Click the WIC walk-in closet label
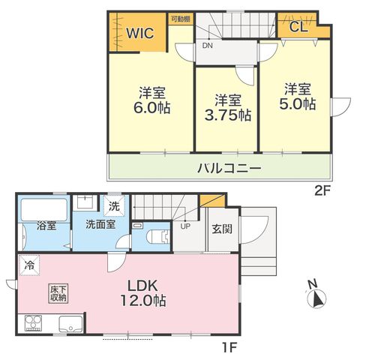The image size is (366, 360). pyautogui.click(x=140, y=33)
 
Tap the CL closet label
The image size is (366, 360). pyautogui.click(x=298, y=27)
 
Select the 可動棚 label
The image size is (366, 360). pyautogui.click(x=181, y=19)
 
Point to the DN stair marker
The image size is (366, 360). pyautogui.click(x=208, y=46)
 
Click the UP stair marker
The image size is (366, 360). pyautogui.click(x=185, y=226)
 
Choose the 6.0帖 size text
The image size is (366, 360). pyautogui.click(x=152, y=108)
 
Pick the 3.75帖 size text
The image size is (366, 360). pyautogui.click(x=228, y=115)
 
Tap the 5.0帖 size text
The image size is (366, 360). pyautogui.click(x=297, y=103)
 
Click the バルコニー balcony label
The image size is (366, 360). pyautogui.click(x=229, y=168)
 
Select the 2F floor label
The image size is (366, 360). pyautogui.click(x=322, y=191)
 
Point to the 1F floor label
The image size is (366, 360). pyautogui.click(x=229, y=347)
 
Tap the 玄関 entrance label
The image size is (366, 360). pyautogui.click(x=222, y=229)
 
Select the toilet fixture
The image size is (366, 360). pyautogui.click(x=157, y=236)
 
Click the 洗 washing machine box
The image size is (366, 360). pyautogui.click(x=114, y=206)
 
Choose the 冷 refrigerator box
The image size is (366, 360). pyautogui.click(x=29, y=265)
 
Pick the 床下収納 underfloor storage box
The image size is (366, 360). pyautogui.click(x=58, y=294)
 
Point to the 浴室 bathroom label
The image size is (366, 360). pyautogui.click(x=46, y=226)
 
